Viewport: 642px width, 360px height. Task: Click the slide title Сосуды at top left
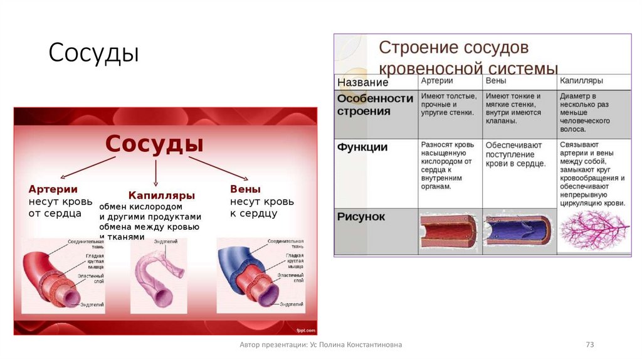pos(93,53)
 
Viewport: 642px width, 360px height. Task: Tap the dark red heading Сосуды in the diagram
pos(154,144)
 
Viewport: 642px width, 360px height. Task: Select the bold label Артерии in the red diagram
pos(53,189)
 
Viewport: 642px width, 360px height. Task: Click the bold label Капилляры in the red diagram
pos(162,195)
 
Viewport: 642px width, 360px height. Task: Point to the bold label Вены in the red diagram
pos(245,189)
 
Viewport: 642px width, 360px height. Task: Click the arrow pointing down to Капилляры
pos(155,172)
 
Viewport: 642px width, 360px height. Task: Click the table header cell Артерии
pos(437,82)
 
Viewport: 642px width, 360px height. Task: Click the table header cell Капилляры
pos(581,82)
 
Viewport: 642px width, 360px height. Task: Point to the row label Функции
pos(362,147)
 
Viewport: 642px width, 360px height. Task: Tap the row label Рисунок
pos(361,217)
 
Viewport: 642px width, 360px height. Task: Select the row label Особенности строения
pos(375,105)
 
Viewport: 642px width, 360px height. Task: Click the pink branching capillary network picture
pos(593,231)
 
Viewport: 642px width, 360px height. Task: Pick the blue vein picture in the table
pos(518,231)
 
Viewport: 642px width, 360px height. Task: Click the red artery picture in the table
pos(449,231)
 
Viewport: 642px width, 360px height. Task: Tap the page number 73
pos(589,344)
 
